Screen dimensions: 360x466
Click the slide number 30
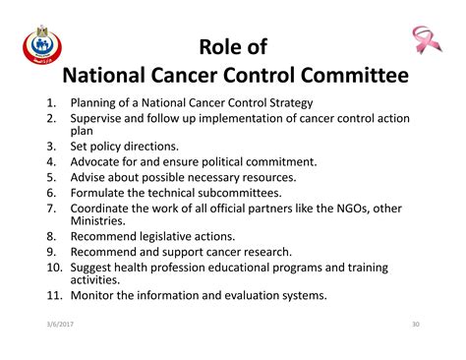(x=414, y=324)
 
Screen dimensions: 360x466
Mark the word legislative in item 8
(x=177, y=236)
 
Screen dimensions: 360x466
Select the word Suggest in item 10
(x=94, y=267)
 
